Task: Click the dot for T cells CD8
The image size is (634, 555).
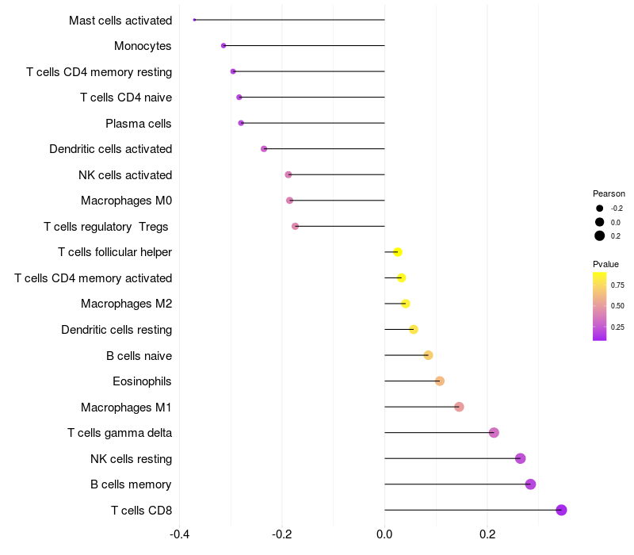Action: coord(561,510)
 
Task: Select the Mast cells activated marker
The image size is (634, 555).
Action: coord(194,20)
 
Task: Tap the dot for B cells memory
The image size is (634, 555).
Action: coord(530,484)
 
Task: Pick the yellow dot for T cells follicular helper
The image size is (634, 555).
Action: coord(398,252)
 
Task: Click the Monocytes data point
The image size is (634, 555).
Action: coord(223,46)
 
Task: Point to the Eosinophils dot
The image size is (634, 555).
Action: coord(440,381)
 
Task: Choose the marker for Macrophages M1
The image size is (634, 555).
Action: coord(459,407)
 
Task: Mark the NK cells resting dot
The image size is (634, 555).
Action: coord(520,458)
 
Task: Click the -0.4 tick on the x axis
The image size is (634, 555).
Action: coord(180,533)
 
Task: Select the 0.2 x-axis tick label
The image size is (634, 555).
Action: coord(487,533)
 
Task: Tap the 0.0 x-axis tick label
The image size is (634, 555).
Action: coord(384,533)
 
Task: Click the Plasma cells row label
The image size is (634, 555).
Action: coord(139,124)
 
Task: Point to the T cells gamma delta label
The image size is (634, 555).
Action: coord(120,433)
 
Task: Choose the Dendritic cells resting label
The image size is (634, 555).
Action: coord(116,330)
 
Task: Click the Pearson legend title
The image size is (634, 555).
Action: coord(609,193)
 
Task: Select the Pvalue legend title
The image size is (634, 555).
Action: coord(606,264)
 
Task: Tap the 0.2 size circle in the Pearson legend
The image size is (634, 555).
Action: coord(600,235)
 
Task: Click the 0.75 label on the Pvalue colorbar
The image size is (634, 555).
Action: coord(617,285)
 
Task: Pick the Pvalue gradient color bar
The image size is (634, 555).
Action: coord(600,306)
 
